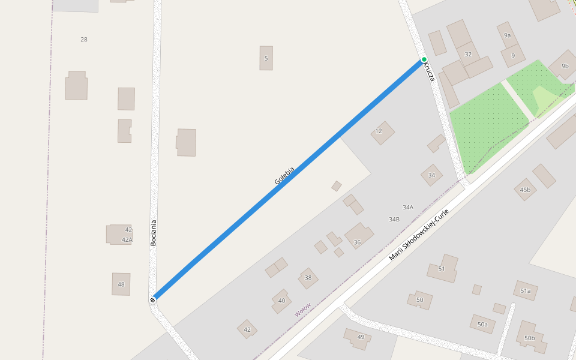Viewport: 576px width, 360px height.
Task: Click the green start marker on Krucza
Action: [424, 59]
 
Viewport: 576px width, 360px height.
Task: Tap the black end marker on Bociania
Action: [153, 299]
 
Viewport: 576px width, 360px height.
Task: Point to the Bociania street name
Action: [154, 233]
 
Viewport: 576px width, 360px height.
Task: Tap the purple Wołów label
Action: [303, 310]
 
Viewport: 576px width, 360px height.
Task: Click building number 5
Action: [266, 58]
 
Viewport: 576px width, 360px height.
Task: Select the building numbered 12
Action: [382, 132]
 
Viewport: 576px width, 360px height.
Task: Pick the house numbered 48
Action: [121, 284]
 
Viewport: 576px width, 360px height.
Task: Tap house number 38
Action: [308, 278]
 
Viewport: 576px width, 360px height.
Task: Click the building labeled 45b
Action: [525, 190]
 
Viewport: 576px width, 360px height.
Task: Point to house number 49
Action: [359, 337]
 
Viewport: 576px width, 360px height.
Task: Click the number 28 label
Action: [84, 40]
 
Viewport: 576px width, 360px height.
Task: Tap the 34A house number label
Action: [408, 207]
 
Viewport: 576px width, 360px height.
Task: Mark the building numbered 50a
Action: [482, 324]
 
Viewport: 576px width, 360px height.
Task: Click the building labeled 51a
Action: [525, 291]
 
